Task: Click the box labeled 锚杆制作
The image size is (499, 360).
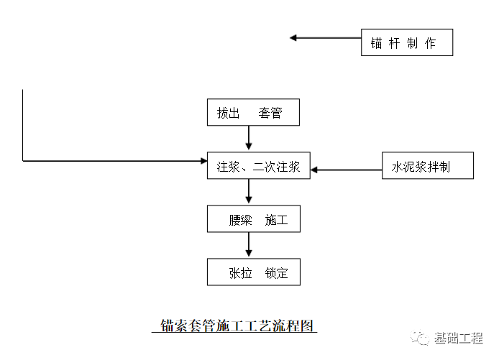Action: point(407,42)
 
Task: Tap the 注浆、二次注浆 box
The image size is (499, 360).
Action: point(258,167)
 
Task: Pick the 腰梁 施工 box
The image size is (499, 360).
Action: point(253,220)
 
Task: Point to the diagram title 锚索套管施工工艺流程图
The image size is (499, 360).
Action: point(237,326)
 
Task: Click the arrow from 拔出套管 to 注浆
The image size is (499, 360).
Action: point(249,139)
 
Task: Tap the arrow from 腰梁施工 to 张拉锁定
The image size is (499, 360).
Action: point(249,246)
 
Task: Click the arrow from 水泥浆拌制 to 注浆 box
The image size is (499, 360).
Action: point(345,170)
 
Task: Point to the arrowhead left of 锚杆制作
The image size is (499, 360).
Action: point(294,37)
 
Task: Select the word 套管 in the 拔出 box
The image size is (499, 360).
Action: point(270,113)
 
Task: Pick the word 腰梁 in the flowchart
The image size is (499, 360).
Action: point(240,220)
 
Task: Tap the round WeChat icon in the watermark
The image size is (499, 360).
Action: point(420,338)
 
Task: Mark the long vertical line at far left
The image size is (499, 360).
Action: point(23,126)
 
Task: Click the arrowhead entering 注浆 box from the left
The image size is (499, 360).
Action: point(202,160)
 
